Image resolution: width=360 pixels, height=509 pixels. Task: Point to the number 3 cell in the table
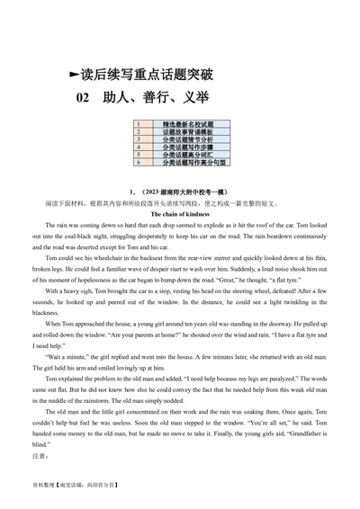[x=138, y=140]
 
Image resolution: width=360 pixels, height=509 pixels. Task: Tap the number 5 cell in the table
[x=138, y=156]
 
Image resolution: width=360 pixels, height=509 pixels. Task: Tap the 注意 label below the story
[x=38, y=455]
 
